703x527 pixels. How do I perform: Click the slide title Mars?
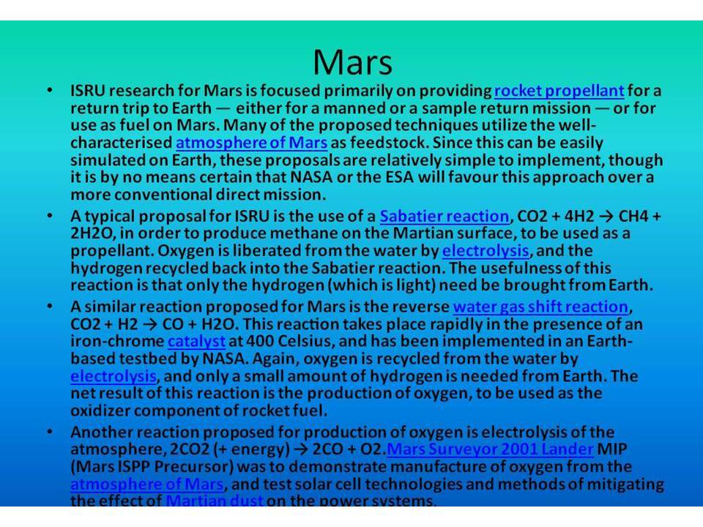[x=352, y=61]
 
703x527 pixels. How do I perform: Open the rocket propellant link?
[x=559, y=91]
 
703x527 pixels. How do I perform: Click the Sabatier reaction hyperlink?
[x=445, y=217]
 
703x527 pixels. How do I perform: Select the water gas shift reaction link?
[x=540, y=307]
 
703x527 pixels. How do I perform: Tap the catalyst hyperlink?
[x=196, y=342]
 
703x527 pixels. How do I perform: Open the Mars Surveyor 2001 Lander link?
[x=490, y=449]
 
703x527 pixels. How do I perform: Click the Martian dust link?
[x=215, y=500]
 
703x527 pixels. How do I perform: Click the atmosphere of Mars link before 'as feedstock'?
[x=251, y=143]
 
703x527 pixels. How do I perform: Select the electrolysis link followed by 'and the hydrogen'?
[x=486, y=251]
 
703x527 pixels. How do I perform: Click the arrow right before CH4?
[x=606, y=217]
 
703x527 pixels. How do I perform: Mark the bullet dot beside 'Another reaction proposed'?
[x=51, y=432]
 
